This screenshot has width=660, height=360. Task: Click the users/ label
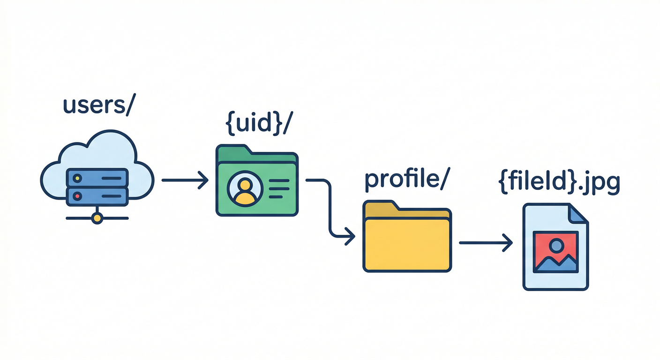99,106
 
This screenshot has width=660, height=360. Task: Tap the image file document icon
555,247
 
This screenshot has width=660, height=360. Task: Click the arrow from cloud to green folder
185,180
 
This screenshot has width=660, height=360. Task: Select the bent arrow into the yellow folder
330,206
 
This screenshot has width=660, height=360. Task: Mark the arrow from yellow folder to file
485,243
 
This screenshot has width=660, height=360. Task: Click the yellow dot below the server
97,218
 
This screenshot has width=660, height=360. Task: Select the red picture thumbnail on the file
555,252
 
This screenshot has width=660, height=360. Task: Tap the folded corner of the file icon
578,214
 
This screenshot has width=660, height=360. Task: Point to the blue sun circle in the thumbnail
556,245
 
